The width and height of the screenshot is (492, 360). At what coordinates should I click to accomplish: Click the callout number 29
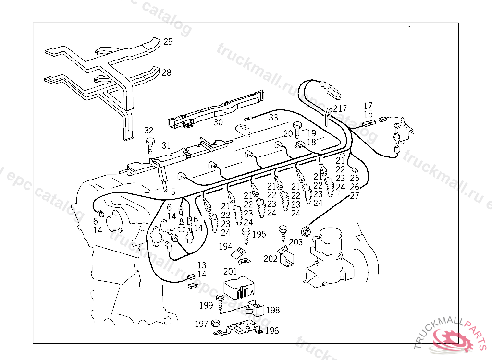tap(168, 42)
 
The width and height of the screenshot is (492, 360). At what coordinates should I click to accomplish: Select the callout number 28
tap(166, 73)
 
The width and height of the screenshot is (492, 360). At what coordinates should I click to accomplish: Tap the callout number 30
tap(218, 122)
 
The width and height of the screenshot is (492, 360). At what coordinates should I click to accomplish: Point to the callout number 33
tap(273, 117)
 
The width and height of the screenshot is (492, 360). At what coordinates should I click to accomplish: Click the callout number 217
tap(340, 109)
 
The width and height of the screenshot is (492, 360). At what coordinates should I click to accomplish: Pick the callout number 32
tap(149, 131)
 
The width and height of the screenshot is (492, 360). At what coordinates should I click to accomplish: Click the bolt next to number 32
tap(149, 143)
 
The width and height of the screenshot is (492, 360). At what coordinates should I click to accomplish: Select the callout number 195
tap(259, 234)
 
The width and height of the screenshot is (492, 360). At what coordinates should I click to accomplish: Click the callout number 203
tap(296, 242)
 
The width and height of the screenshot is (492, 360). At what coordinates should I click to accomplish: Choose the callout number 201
tap(231, 272)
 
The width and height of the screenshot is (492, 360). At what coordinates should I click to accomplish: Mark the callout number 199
tap(207, 305)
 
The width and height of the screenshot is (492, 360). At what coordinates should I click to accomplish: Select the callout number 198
tap(273, 311)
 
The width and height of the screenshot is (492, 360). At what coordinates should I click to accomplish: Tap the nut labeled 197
tap(216, 324)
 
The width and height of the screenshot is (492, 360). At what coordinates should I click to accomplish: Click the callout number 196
tap(272, 331)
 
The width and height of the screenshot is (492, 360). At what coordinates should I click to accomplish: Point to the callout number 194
tap(226, 247)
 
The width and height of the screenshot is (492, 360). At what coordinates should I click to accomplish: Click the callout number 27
tap(355, 195)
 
